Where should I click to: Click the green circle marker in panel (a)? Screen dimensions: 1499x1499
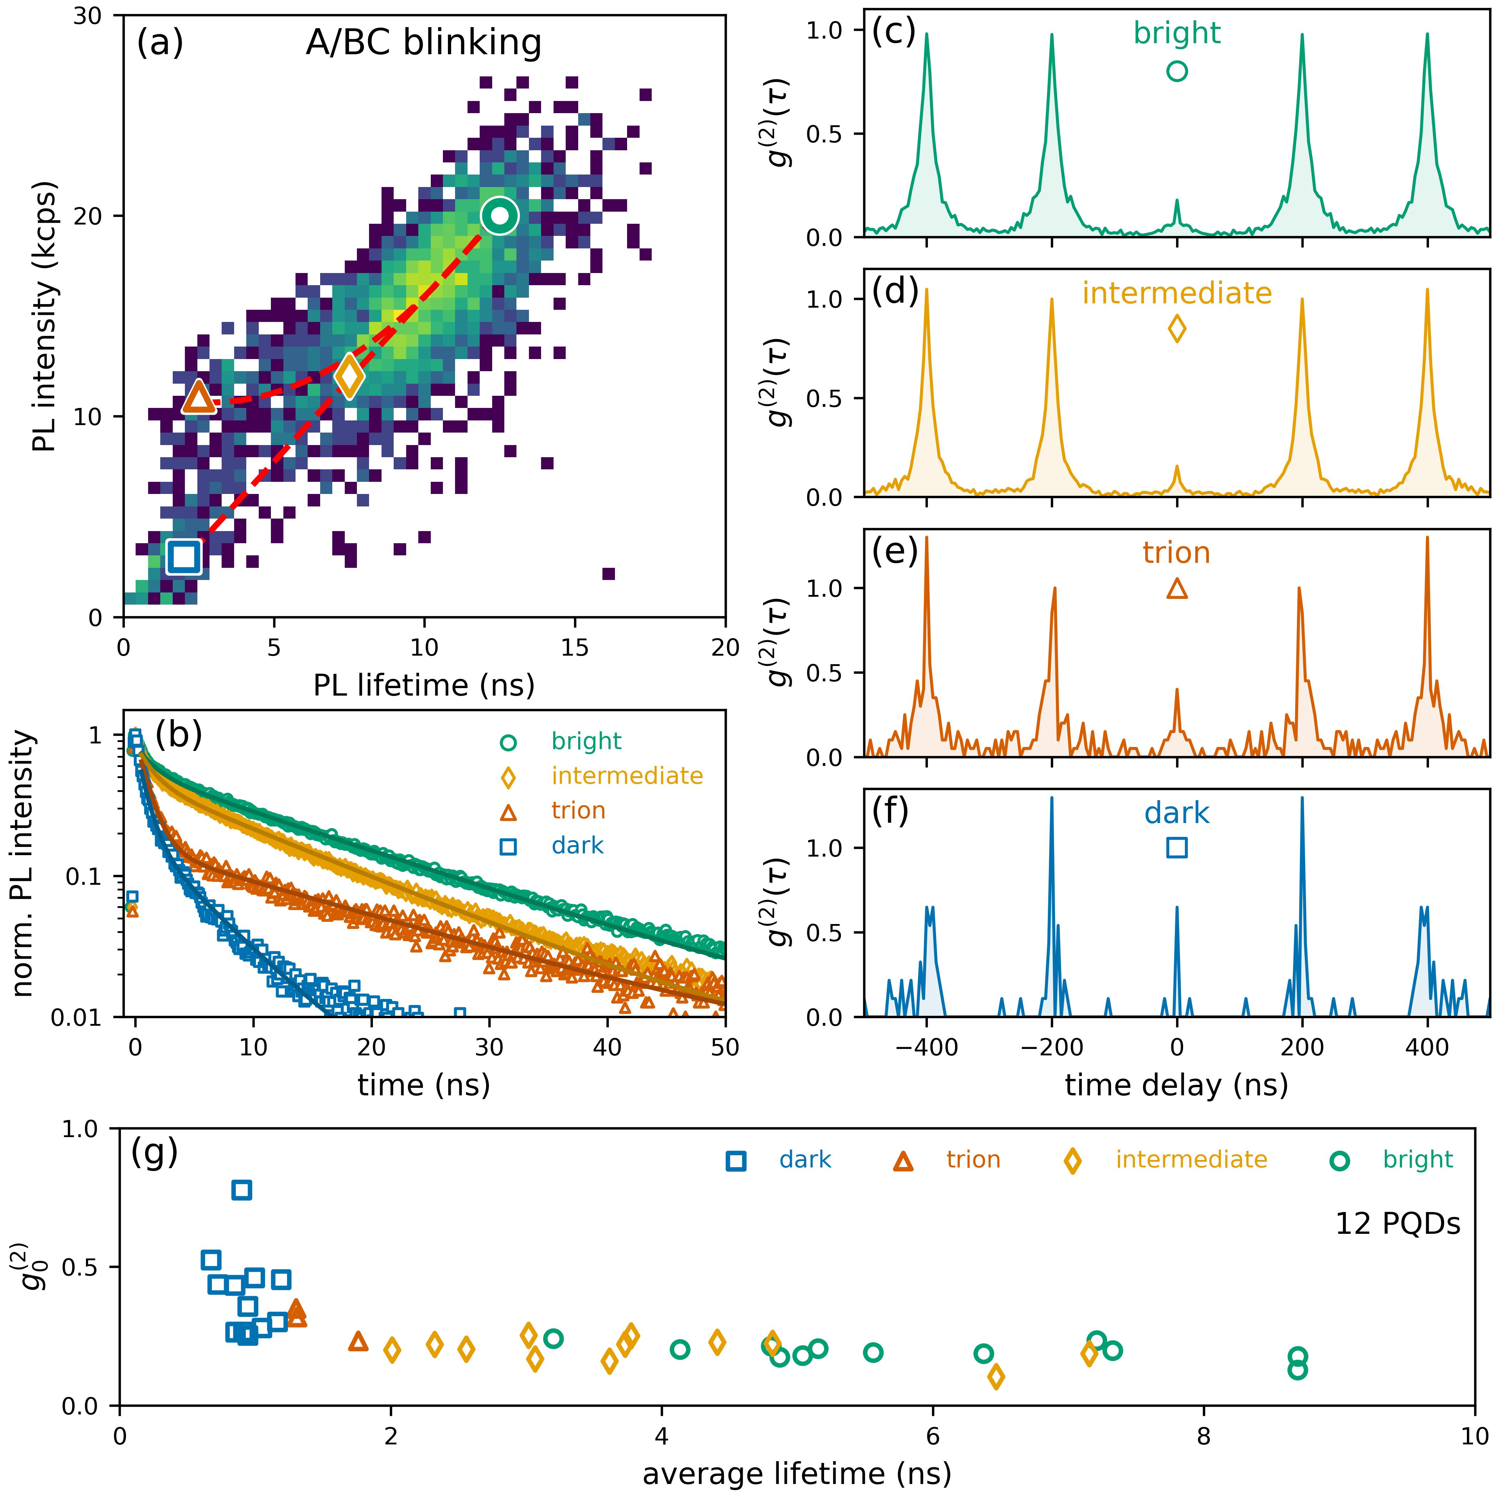(500, 216)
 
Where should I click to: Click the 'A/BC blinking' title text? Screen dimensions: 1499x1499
(424, 44)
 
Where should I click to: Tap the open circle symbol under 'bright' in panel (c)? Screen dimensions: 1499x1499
(1177, 71)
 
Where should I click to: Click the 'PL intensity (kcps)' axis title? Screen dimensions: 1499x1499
(46, 317)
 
